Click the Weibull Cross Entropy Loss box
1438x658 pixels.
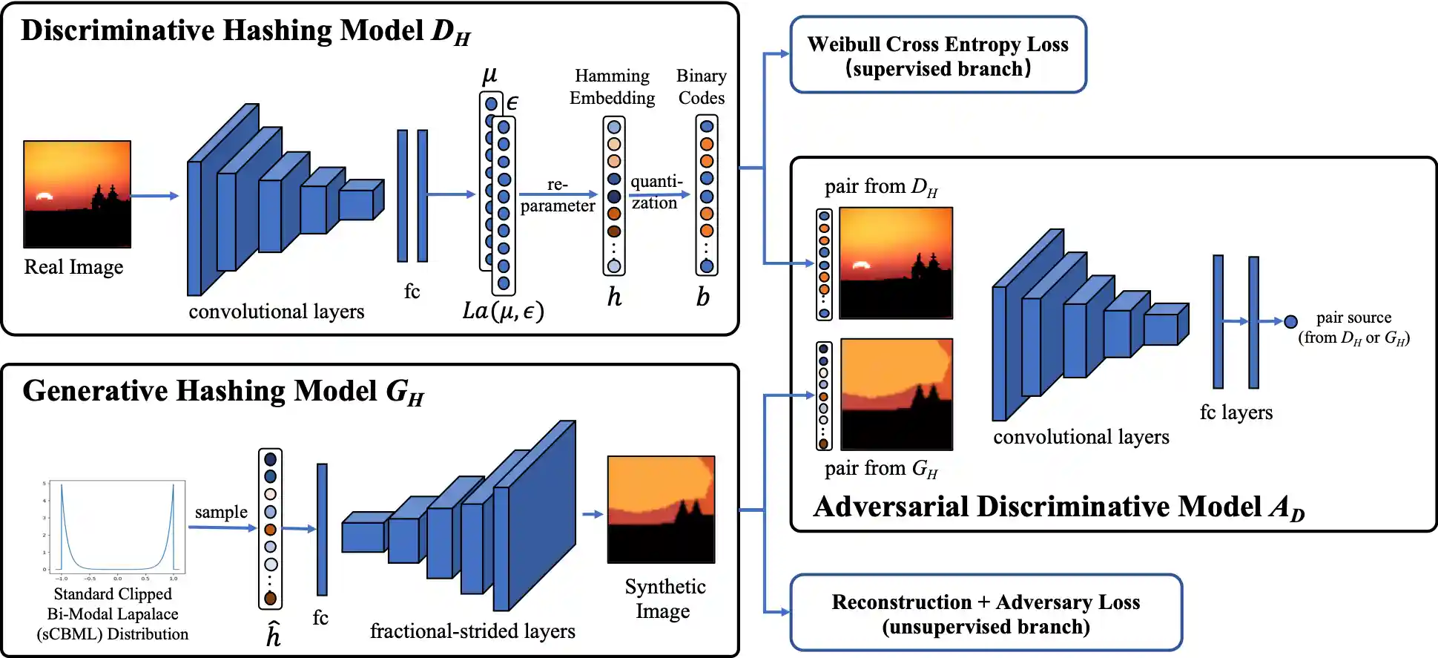pos(938,56)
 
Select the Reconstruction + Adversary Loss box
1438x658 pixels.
pos(986,613)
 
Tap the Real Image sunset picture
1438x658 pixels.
pos(77,194)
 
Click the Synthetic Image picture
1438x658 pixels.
pos(661,510)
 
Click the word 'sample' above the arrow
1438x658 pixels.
pos(221,512)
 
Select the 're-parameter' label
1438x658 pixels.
pos(558,195)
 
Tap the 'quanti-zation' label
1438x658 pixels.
pos(656,192)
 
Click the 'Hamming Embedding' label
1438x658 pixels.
pos(612,87)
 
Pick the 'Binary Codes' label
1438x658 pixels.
pos(701,87)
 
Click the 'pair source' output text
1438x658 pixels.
pos(1353,327)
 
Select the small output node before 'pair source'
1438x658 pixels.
pos(1290,321)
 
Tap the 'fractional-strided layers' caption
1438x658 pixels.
pos(472,631)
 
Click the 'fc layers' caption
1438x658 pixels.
pos(1236,412)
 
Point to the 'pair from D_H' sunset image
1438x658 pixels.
pos(896,263)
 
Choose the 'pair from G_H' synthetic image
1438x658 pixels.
pos(896,395)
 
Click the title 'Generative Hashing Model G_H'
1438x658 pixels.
pos(223,392)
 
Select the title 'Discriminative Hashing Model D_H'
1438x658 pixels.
pos(245,31)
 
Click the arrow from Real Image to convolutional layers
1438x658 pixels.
pos(154,196)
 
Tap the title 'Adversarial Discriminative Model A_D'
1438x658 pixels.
pos(1058,507)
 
